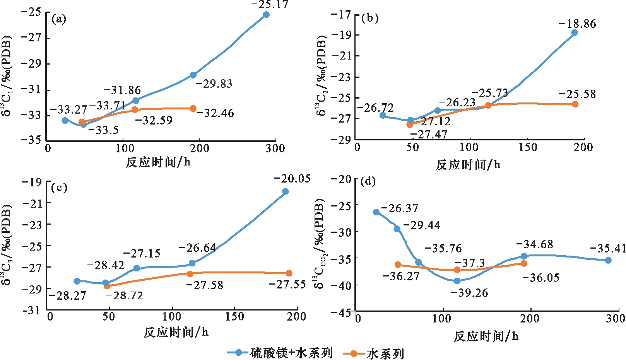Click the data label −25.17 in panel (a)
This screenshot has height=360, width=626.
(270, 5)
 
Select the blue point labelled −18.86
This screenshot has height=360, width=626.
(574, 33)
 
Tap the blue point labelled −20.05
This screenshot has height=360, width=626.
(286, 191)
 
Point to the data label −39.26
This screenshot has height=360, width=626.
(469, 293)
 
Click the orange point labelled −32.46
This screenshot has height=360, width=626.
(193, 109)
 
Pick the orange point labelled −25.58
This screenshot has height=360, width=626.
(575, 104)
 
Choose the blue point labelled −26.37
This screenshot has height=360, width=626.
(376, 212)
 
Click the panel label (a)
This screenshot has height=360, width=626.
(59, 19)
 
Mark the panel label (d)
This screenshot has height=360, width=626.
(368, 181)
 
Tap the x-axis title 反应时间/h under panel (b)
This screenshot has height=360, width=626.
(468, 165)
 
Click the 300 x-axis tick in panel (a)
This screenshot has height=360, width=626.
(275, 148)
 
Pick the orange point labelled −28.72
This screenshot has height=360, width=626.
(107, 286)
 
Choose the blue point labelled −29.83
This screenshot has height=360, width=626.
(193, 75)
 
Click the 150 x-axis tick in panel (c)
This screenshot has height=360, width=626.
(234, 316)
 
